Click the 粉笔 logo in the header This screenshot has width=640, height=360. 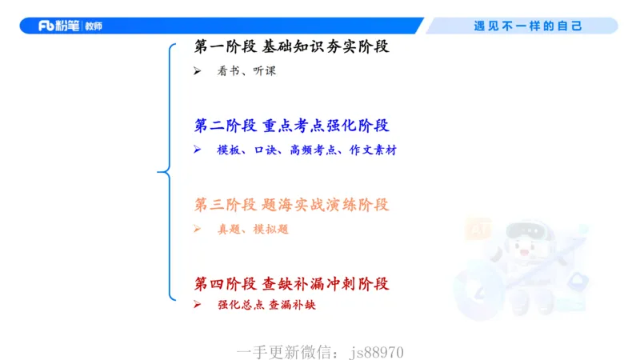[x=70, y=26]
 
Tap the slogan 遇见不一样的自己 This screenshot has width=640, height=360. [x=528, y=26]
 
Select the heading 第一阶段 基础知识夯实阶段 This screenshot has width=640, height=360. [x=291, y=46]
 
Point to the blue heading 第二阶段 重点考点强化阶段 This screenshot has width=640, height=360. [x=291, y=126]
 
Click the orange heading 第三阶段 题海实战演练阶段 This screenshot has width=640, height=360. [x=291, y=205]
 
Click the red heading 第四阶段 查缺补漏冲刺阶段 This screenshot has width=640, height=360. [x=291, y=284]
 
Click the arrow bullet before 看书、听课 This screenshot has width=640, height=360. [x=198, y=71]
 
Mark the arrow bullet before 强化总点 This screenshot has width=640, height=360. [x=198, y=305]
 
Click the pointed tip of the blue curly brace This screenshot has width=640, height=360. [x=158, y=172]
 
